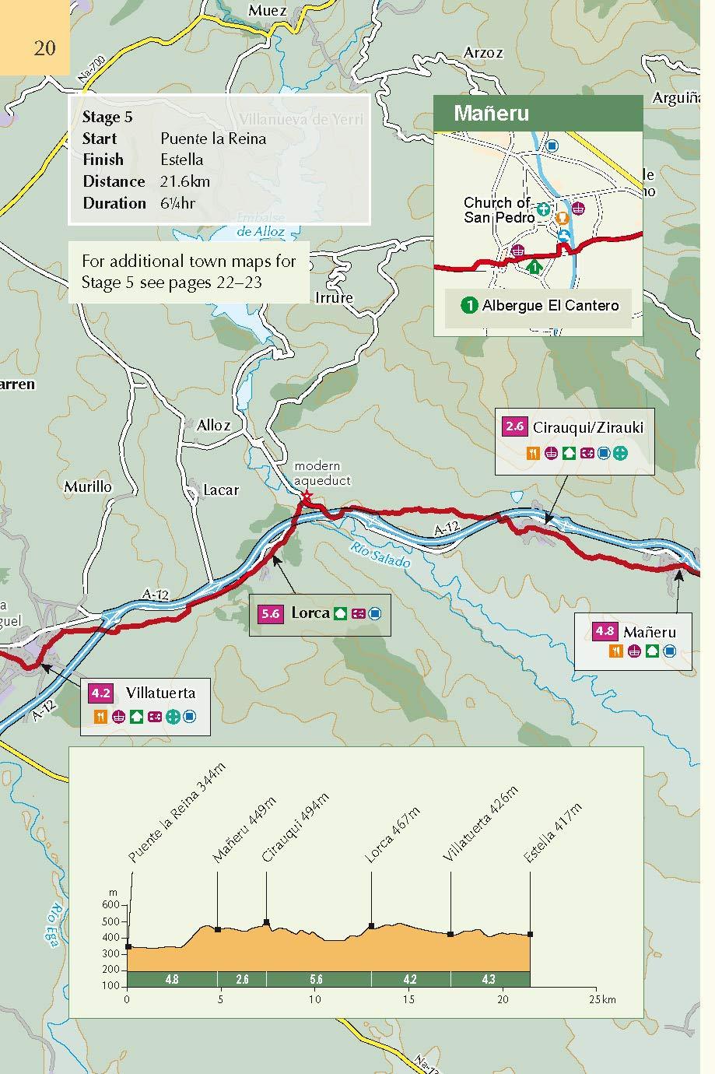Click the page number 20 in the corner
(x=44, y=47)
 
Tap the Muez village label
(x=267, y=11)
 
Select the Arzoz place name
(x=482, y=53)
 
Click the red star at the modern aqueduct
(x=306, y=496)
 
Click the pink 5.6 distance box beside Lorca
(x=270, y=613)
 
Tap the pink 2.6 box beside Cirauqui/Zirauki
(x=514, y=426)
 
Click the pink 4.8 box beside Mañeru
(x=605, y=631)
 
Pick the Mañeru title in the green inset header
(x=491, y=114)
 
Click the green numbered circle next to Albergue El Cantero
(x=469, y=305)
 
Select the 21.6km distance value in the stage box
(x=185, y=181)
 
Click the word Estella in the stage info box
(x=181, y=160)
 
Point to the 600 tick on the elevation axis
(x=110, y=905)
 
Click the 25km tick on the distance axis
(x=596, y=999)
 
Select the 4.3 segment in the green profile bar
(x=489, y=979)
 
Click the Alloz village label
(x=213, y=425)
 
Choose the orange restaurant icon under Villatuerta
(x=100, y=717)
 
